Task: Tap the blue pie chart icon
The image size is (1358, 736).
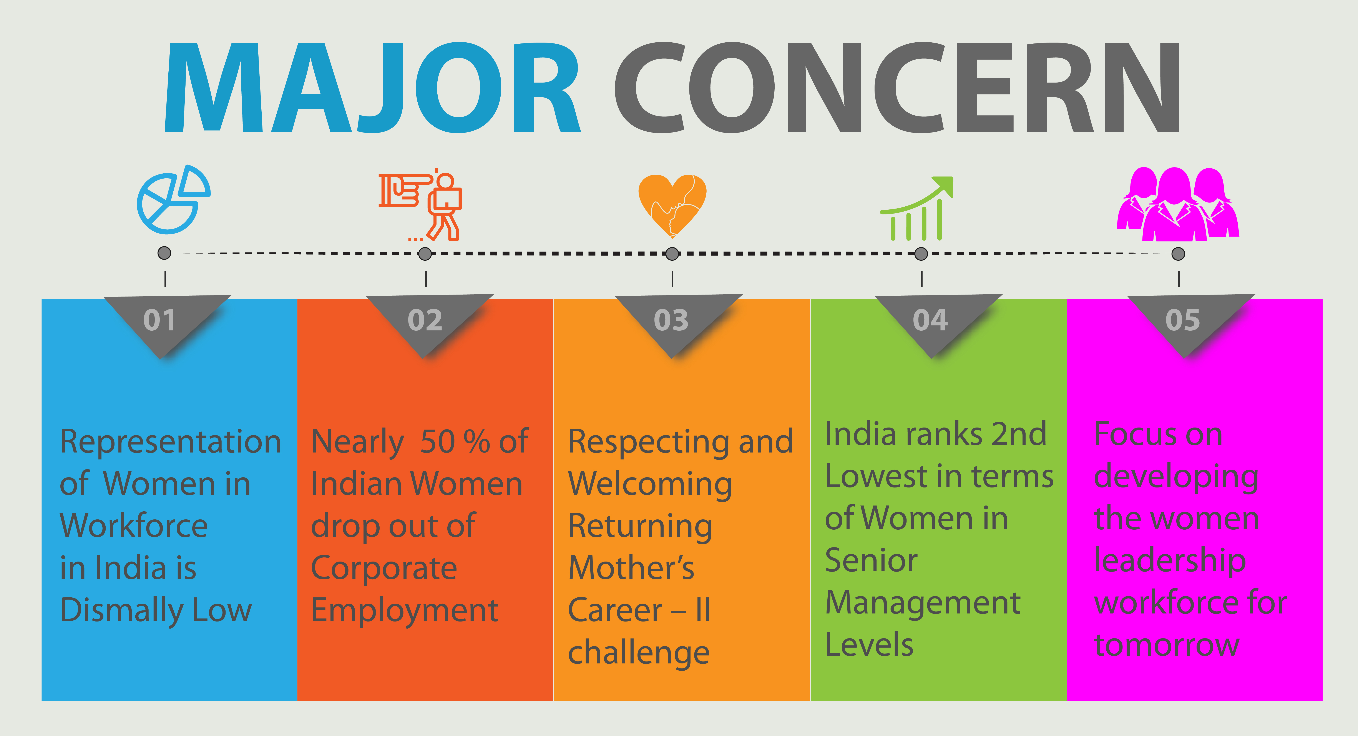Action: [x=173, y=199]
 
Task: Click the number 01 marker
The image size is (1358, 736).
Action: [x=160, y=320]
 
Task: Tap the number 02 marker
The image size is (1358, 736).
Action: [x=425, y=320]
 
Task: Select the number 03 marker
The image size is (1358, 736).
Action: [x=671, y=320]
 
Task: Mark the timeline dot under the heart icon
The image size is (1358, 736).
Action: [x=672, y=254]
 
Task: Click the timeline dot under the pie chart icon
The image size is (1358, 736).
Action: [x=164, y=253]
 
